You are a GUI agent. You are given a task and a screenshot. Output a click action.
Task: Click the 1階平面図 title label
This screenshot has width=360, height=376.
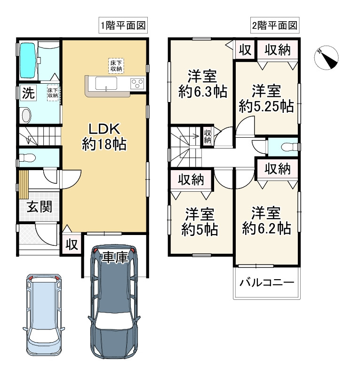pos(123,25)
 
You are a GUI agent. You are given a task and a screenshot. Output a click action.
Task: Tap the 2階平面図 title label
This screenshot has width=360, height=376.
pos(275,25)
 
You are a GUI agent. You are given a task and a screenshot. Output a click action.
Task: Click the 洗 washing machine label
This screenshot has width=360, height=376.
pos(28,93)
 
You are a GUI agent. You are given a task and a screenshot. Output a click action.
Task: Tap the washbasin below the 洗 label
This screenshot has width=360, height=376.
pos(26,115)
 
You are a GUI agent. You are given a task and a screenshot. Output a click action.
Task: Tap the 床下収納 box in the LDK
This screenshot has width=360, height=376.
pos(116,65)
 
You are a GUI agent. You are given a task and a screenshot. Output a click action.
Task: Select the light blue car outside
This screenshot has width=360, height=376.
pos(43,315)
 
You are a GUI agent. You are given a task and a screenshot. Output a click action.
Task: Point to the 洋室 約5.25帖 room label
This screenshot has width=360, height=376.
pos(266,98)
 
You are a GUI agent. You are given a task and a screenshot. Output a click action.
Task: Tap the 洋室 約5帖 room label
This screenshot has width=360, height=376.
pos(200,222)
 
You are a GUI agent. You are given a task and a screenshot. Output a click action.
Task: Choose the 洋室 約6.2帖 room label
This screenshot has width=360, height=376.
pos(266,221)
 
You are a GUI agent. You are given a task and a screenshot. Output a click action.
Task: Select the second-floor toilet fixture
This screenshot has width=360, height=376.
pos(286,148)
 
